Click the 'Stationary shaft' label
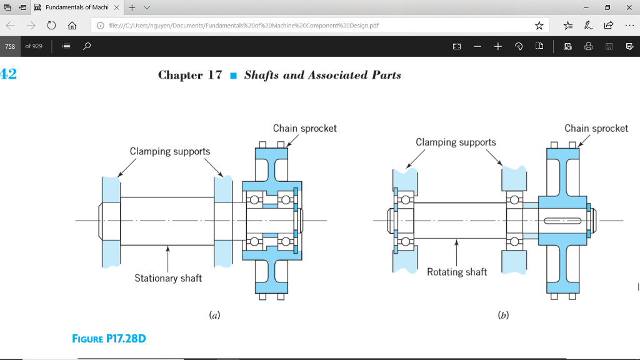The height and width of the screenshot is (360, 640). click(x=168, y=278)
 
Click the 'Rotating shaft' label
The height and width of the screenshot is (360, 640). click(x=457, y=272)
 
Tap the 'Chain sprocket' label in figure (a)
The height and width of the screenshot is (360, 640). click(x=304, y=128)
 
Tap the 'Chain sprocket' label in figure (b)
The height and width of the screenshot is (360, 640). click(x=596, y=128)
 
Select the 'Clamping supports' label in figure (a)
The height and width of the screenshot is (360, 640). click(x=170, y=151)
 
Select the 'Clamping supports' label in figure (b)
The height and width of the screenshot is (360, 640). click(x=456, y=142)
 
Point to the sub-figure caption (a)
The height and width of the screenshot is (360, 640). click(x=214, y=316)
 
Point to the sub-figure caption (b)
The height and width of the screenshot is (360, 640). click(x=502, y=316)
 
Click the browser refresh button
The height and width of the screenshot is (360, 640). click(x=51, y=26)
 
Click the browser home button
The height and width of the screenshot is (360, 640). click(x=72, y=26)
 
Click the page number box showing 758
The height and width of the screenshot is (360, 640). click(x=10, y=46)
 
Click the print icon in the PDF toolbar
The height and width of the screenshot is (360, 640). click(x=588, y=46)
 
